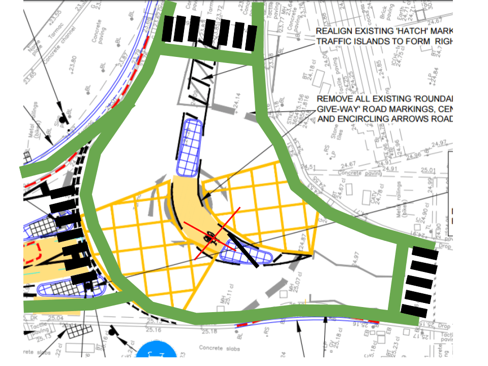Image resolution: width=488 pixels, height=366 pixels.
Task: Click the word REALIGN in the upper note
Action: tap(333, 32)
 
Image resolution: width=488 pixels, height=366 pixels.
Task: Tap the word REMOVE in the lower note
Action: tap(332, 99)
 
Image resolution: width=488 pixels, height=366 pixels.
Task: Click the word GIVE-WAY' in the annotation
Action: tap(335, 109)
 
